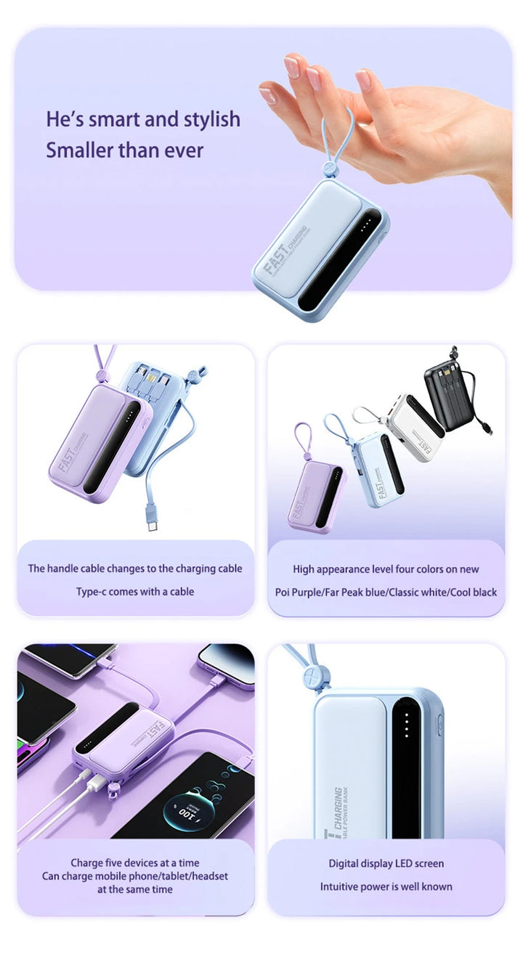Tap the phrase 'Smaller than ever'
point(124,150)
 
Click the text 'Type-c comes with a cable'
point(135,592)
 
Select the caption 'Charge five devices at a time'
point(135,863)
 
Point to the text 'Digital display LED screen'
point(386,863)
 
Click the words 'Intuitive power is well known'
point(386,887)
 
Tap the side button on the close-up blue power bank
point(439,726)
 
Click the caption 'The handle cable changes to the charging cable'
point(135,569)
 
